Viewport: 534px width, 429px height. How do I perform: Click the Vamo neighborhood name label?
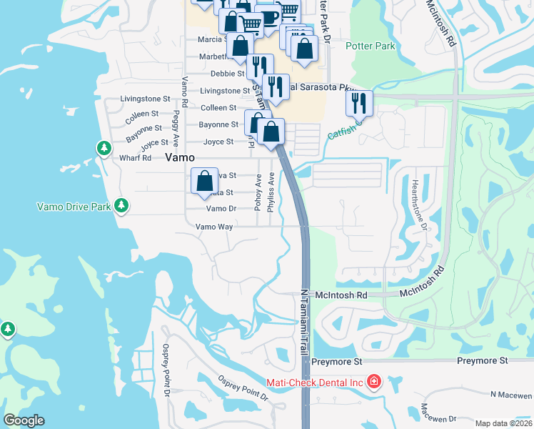[x=181, y=158]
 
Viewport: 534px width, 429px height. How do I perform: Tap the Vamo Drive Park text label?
[x=74, y=207]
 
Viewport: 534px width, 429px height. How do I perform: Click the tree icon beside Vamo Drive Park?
[x=121, y=206]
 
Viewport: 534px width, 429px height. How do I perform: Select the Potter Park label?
[x=370, y=46]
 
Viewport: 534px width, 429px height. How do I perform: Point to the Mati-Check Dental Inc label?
[x=315, y=383]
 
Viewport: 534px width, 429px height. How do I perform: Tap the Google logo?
[x=24, y=420]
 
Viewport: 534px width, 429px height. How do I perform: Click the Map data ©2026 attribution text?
[x=503, y=423]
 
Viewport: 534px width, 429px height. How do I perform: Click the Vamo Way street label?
[x=215, y=227]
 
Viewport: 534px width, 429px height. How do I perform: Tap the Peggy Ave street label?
[x=176, y=122]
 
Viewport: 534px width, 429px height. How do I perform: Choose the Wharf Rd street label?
[x=136, y=158]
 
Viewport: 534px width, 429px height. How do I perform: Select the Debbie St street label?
[x=228, y=74]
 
